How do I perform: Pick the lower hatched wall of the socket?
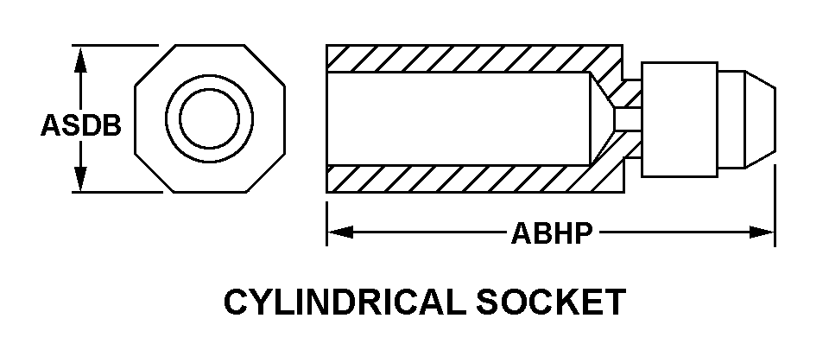[466, 179]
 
